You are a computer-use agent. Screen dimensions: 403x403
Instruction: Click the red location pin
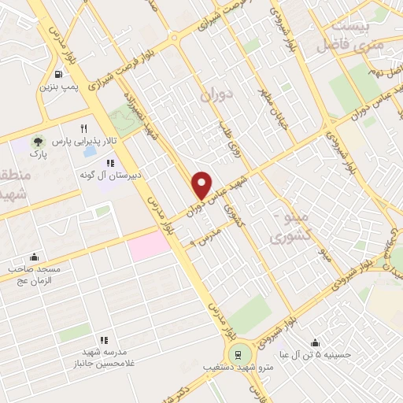coord(202,184)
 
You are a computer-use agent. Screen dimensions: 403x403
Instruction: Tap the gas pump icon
coord(61,74)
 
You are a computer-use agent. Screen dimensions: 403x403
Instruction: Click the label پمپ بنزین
coord(61,86)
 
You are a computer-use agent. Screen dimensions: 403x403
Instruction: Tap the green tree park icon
coord(36,142)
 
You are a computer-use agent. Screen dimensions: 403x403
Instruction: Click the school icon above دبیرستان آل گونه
coord(121,163)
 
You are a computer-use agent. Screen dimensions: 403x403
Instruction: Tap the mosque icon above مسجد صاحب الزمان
coord(33,257)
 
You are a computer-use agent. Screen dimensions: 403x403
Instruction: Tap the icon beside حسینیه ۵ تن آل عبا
coord(315,342)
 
